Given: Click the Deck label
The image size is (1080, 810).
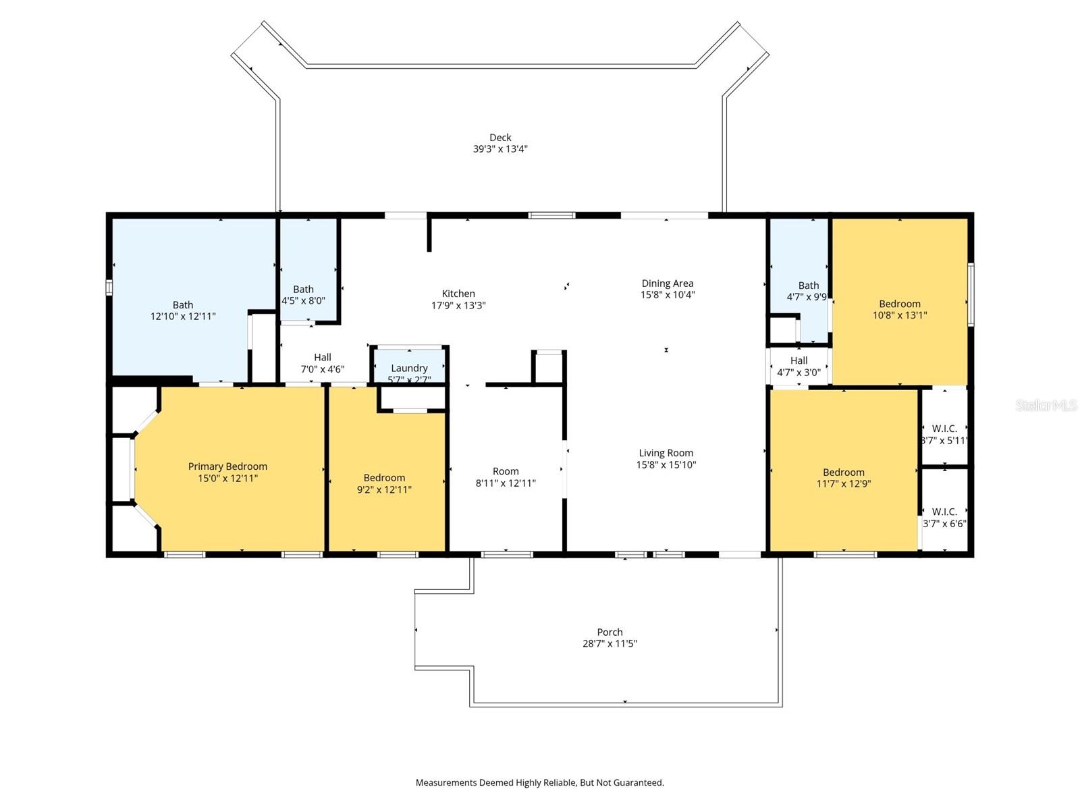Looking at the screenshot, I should tap(500, 138).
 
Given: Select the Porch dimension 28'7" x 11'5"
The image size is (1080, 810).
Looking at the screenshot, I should tap(610, 644).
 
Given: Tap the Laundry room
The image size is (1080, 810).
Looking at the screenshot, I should tap(409, 368).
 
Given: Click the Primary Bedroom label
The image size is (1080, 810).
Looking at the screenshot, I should tap(227, 466).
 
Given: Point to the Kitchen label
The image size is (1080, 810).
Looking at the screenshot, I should tap(458, 294).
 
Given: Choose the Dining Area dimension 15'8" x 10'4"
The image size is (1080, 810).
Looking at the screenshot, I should tap(668, 295).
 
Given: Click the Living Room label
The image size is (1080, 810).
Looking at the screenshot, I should tap(666, 453).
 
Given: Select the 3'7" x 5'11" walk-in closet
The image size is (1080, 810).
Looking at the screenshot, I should tap(944, 434).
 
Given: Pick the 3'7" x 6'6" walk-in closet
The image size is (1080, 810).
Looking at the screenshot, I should tap(944, 517).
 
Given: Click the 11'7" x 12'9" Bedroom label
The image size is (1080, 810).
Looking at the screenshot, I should tap(843, 473).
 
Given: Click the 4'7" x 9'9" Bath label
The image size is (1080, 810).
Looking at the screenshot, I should tap(808, 286).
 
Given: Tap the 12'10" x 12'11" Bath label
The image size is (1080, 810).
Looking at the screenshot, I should tap(182, 305).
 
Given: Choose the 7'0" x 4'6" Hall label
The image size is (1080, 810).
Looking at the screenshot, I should tap(322, 358).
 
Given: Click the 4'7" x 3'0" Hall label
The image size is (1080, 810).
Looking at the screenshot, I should tap(799, 360).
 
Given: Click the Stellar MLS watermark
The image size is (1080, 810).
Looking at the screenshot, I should tap(1046, 406).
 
